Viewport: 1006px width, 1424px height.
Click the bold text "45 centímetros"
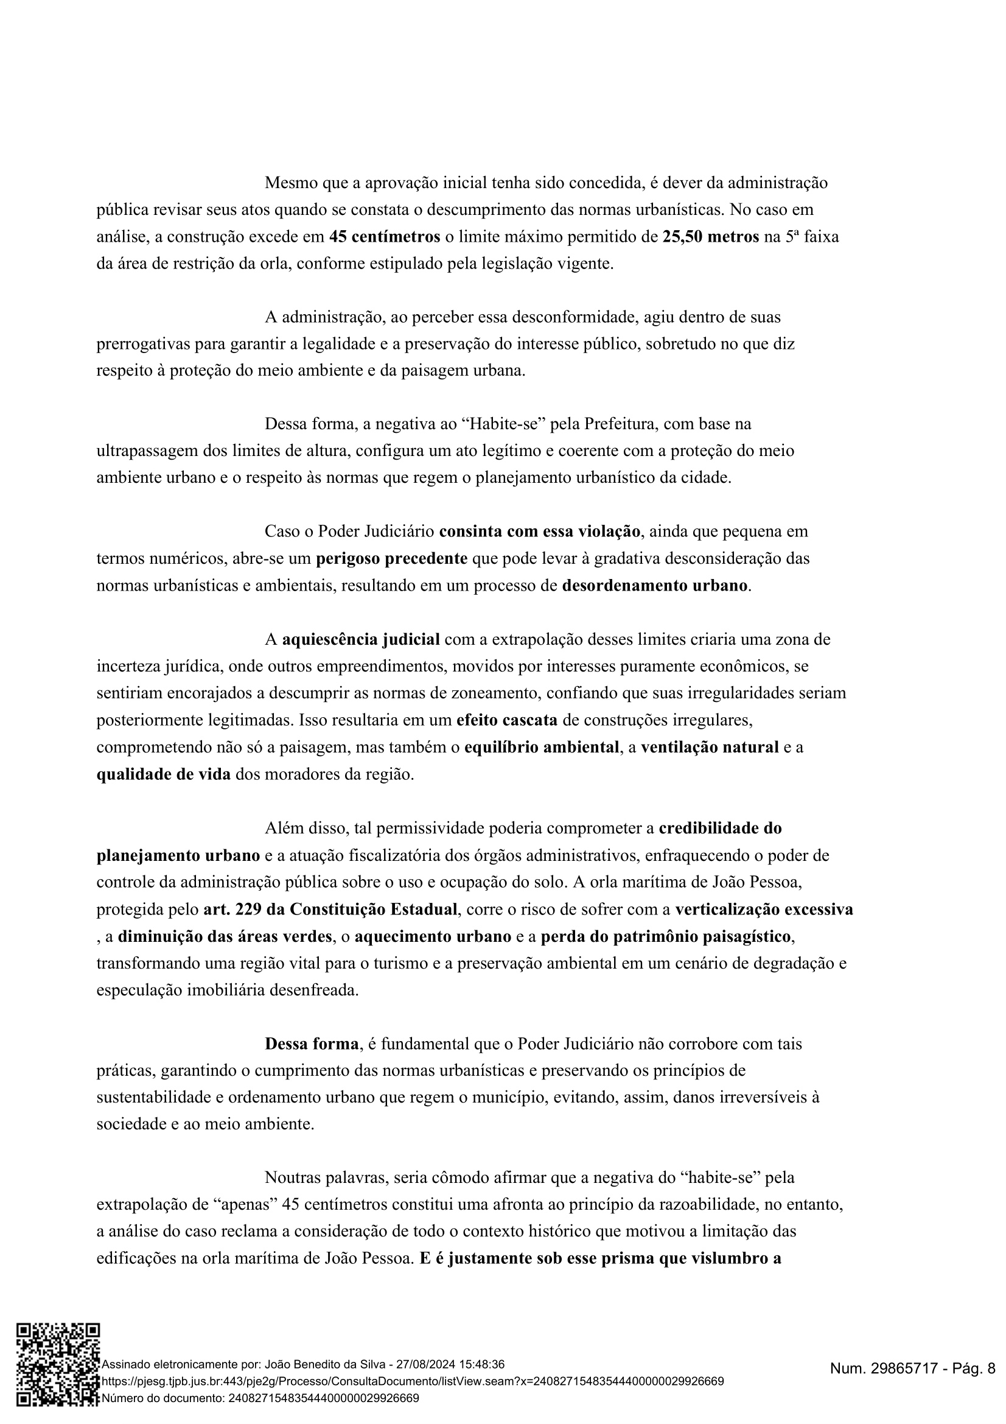tap(384, 237)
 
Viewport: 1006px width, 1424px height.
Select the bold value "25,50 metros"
tap(710, 237)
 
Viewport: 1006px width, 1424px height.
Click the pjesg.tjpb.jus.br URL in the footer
tap(412, 1381)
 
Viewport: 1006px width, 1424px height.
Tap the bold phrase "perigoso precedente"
tap(391, 558)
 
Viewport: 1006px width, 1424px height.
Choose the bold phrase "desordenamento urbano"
tap(655, 586)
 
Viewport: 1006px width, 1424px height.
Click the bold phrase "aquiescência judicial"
tap(361, 639)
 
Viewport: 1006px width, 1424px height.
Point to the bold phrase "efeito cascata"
tap(506, 720)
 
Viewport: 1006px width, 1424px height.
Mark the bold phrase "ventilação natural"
tap(709, 748)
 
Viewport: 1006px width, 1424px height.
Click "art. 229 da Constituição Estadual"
tap(330, 910)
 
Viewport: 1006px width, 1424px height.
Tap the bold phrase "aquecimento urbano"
tap(432, 936)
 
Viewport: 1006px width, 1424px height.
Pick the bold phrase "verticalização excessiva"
tap(764, 910)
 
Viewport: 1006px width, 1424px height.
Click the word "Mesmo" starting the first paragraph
tap(288, 183)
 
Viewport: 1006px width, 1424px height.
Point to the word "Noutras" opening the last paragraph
tap(293, 1177)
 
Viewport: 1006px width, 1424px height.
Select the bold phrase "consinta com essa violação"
tap(539, 531)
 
